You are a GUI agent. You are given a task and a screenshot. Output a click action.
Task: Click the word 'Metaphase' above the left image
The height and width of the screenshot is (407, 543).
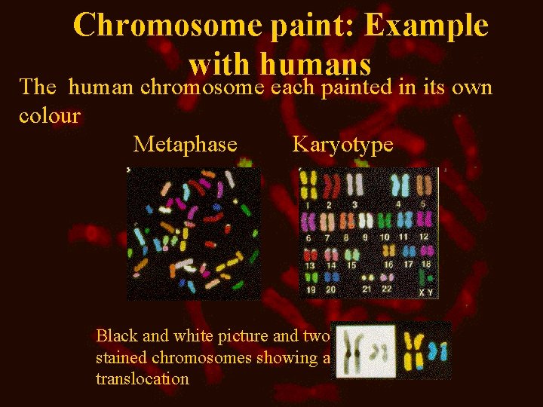point(185,144)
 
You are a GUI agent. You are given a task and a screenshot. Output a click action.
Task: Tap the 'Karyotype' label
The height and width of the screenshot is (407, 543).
point(342,144)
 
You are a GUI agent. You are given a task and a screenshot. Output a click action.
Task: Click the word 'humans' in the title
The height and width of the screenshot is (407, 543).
point(324,63)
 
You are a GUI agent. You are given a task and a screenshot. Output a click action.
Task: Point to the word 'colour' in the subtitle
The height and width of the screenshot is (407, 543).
point(50,116)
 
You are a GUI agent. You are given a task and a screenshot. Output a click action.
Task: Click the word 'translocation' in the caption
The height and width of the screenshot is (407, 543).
point(143,378)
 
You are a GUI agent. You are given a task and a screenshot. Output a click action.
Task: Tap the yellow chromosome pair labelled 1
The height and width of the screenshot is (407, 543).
point(308,185)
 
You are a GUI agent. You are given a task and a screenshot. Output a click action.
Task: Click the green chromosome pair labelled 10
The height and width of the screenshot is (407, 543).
point(386,221)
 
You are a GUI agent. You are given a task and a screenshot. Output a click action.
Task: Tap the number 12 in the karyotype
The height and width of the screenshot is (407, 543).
point(424,237)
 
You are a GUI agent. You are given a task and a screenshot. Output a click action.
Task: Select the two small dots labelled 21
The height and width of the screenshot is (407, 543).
point(367,277)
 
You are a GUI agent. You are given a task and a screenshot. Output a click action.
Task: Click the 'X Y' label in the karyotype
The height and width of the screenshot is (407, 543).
point(426,292)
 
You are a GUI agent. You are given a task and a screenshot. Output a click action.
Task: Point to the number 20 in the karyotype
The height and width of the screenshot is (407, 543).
point(330,289)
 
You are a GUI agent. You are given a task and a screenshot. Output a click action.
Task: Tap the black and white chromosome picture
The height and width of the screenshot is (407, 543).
point(365,350)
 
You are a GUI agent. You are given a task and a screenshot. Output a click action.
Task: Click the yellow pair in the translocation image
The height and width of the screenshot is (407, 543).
point(415,350)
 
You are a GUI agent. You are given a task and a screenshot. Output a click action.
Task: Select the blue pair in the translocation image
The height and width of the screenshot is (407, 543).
point(438,350)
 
